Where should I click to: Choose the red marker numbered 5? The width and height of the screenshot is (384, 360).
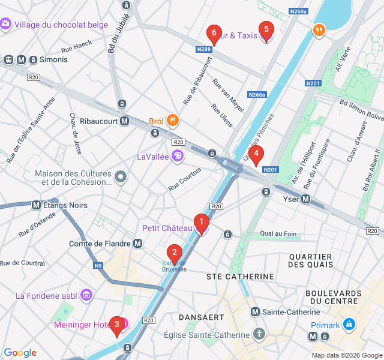pos(266,31)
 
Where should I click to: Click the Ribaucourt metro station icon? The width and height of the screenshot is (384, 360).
pos(125,121)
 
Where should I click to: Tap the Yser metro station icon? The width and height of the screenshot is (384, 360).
pos(306,199)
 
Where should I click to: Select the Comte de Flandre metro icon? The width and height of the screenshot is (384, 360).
pos(138,244)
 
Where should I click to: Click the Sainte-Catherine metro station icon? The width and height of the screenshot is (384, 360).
pos(256,312)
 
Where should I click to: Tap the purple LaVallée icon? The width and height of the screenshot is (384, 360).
pos(178,157)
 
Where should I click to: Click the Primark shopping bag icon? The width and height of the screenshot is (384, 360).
pos(350,325)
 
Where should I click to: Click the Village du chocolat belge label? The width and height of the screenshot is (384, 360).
pos(61,25)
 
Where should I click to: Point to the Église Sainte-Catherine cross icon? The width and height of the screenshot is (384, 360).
pos(259,334)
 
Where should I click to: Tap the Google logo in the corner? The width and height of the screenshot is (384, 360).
pos(20,353)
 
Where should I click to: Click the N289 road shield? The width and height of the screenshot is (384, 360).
pos(204,50)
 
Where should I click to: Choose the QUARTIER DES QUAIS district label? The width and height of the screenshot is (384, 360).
pos(311,260)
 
